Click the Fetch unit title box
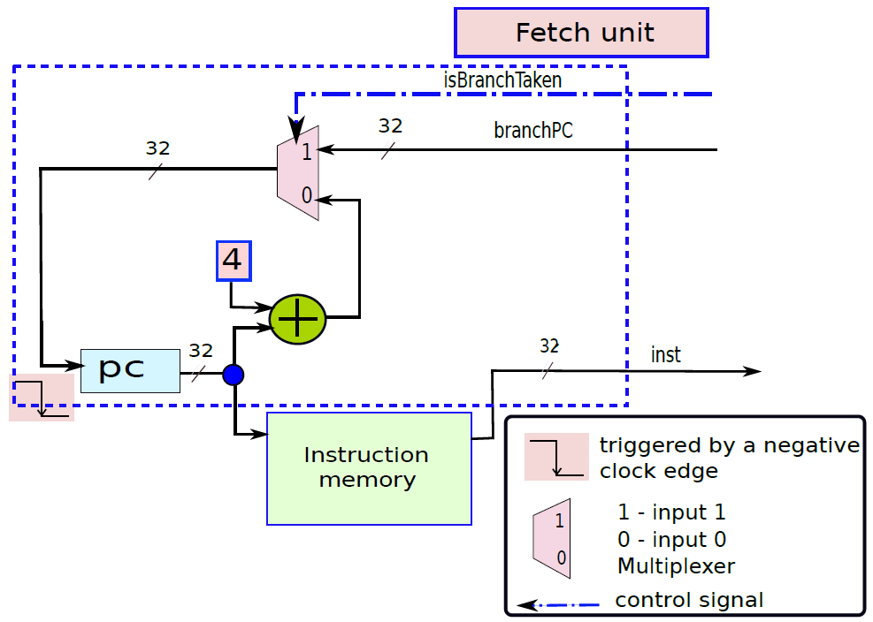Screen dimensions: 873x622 (581, 33)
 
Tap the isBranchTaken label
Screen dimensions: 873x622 (502, 80)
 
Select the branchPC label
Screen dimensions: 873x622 (532, 130)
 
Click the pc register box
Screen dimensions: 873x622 (130, 371)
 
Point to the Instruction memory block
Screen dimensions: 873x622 (369, 468)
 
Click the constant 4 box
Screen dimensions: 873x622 (234, 261)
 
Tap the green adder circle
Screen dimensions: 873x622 (297, 319)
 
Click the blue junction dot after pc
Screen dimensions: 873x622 (234, 375)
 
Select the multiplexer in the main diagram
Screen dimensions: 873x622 (298, 172)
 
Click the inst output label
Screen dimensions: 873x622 (666, 355)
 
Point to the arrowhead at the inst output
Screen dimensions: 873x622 (754, 371)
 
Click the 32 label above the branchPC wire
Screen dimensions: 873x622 (390, 125)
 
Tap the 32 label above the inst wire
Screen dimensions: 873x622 (549, 346)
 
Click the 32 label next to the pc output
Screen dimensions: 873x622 (201, 351)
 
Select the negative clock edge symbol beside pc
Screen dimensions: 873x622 (42, 398)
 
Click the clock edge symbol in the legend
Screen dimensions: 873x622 (556, 457)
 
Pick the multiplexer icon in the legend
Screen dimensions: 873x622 (552, 538)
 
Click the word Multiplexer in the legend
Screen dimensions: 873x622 (677, 566)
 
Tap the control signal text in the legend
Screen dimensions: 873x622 (689, 600)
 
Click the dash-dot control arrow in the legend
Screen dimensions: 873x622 (558, 604)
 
